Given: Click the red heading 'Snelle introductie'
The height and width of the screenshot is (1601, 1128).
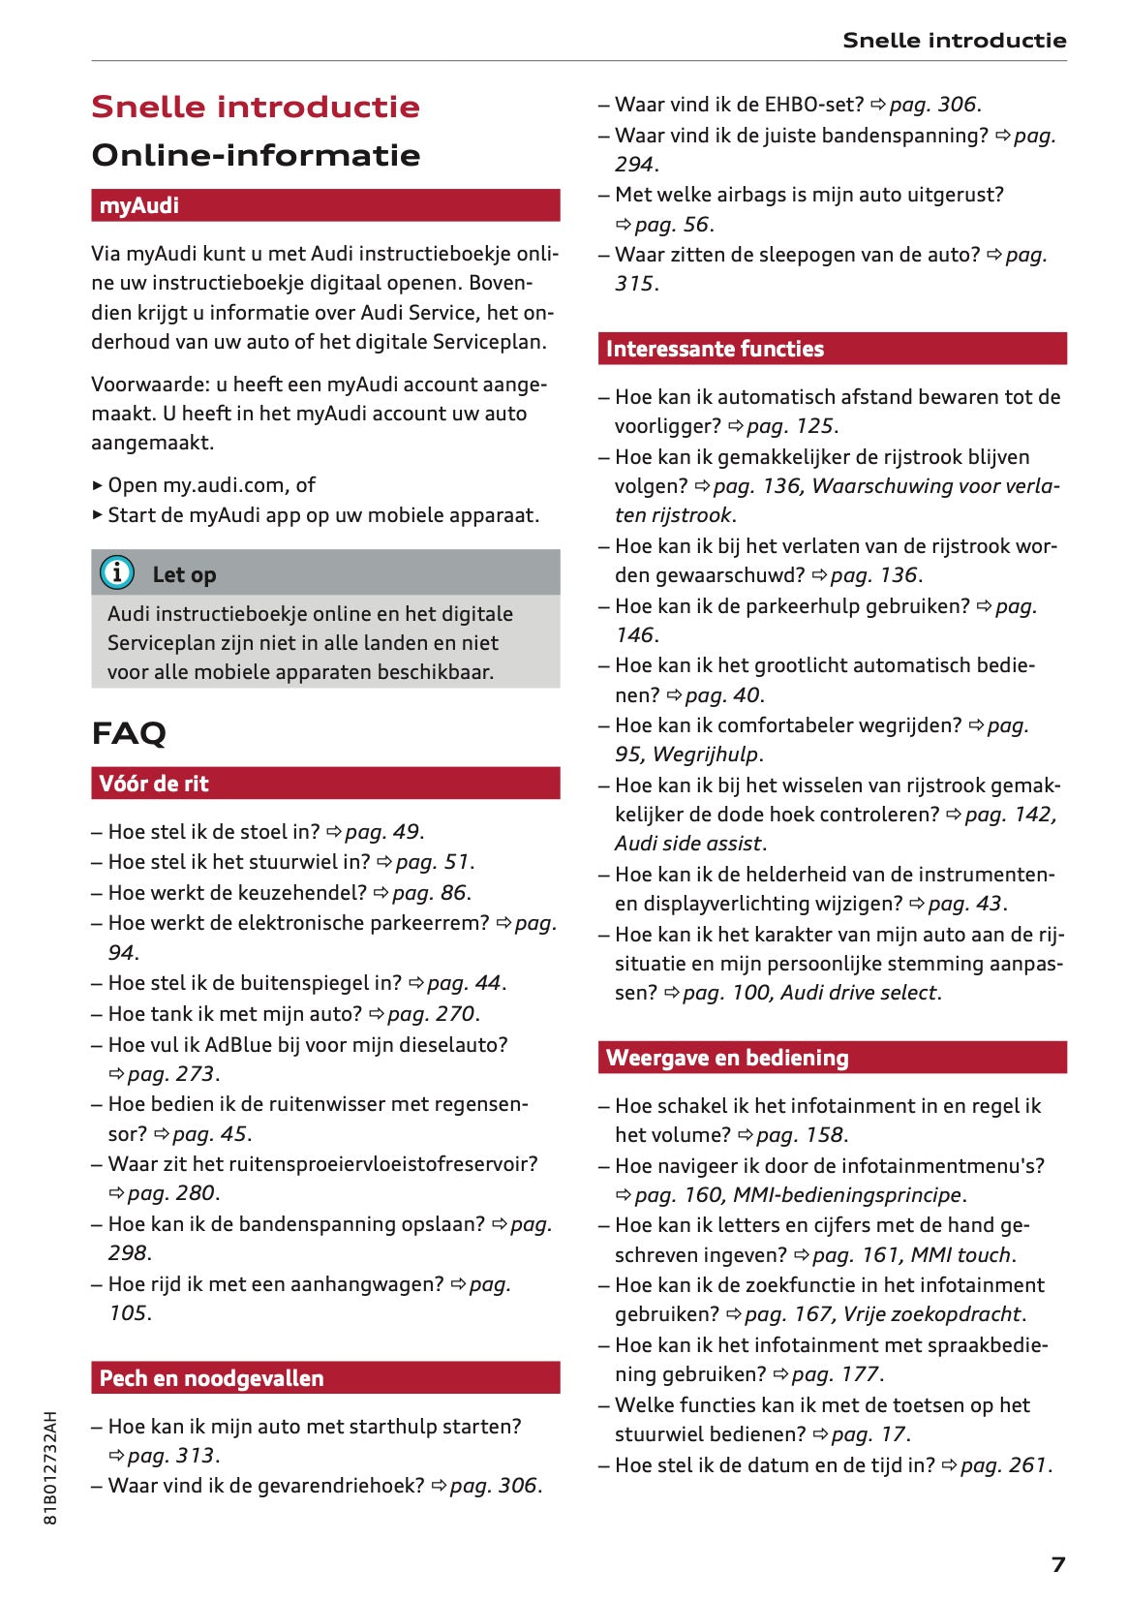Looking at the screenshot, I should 256,107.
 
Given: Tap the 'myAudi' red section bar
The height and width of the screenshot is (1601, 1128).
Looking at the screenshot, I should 325,205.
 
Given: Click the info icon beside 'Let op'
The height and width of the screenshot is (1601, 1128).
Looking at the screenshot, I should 117,573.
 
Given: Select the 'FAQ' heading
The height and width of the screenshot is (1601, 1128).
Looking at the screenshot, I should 129,733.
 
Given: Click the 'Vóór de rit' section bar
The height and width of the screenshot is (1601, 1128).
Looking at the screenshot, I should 325,784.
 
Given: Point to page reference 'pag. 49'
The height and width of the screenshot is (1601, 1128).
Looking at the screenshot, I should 382,832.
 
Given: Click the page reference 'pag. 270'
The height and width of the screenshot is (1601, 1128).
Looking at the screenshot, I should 431,1014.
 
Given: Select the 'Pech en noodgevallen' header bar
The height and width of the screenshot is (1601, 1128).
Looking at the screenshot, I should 325,1378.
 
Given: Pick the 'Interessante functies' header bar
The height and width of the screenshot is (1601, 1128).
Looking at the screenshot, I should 832,349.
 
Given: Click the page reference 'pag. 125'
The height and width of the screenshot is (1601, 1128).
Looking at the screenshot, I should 790,426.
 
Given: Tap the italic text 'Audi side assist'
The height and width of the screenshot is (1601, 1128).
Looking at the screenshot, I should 689,844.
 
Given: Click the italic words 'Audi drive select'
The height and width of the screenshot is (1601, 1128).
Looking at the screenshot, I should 858,993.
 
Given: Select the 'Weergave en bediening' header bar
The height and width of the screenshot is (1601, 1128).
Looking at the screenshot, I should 832,1058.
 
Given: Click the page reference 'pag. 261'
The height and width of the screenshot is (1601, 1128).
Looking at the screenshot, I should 1003,1465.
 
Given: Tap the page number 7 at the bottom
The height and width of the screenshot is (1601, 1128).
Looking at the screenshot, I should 1058,1564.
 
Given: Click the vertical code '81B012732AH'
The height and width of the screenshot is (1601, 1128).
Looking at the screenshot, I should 51,1468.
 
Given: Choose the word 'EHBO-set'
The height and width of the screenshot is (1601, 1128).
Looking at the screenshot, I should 813,105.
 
